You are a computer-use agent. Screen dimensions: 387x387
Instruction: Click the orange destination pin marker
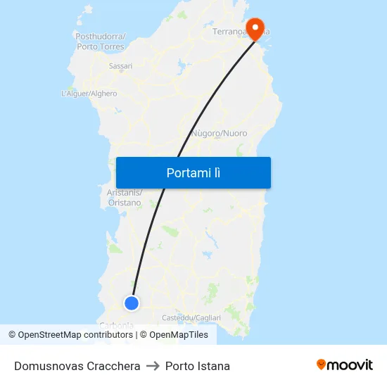pyautogui.click(x=253, y=27)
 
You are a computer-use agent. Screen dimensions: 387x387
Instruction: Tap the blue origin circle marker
pyautogui.click(x=132, y=303)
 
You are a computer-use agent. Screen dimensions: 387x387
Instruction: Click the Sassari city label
pyautogui.click(x=120, y=66)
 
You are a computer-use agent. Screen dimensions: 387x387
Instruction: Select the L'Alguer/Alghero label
pyautogui.click(x=89, y=94)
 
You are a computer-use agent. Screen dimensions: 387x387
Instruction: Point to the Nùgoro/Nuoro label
pyautogui.click(x=220, y=133)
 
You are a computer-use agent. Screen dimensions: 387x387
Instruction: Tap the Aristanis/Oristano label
pyautogui.click(x=125, y=198)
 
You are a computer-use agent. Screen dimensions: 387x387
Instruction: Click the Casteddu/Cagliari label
pyautogui.click(x=191, y=318)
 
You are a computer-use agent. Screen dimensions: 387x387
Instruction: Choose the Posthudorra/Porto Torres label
pyautogui.click(x=101, y=42)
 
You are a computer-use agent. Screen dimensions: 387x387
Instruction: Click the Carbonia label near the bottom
pyautogui.click(x=117, y=325)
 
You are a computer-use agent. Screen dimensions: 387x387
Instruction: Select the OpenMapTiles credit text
pyautogui.click(x=179, y=335)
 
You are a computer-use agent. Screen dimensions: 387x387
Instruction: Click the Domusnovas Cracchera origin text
pyautogui.click(x=77, y=366)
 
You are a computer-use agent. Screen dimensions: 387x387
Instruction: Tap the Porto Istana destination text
pyautogui.click(x=198, y=366)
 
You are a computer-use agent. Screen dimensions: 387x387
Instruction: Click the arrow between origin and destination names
pyautogui.click(x=153, y=366)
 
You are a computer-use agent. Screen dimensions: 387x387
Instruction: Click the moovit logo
pyautogui.click(x=345, y=364)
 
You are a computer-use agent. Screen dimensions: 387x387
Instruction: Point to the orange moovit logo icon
pyautogui.click(x=322, y=364)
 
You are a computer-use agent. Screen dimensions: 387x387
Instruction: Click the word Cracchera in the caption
pyautogui.click(x=114, y=366)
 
